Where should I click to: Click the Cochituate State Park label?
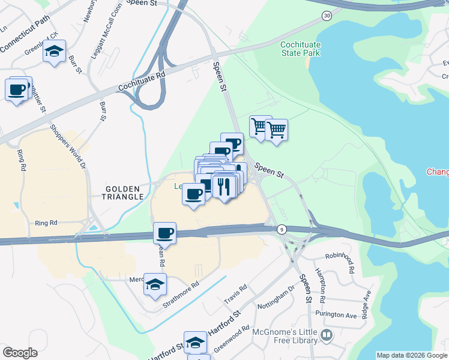tap(300, 49)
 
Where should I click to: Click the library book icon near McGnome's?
tap(327, 335)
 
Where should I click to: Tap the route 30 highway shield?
tap(326, 16)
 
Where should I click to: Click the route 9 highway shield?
tap(281, 229)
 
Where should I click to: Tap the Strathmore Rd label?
tap(181, 296)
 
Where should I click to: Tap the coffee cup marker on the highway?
tap(164, 232)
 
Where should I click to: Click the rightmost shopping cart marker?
tap(277, 129)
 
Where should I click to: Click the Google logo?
tap(20, 352)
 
